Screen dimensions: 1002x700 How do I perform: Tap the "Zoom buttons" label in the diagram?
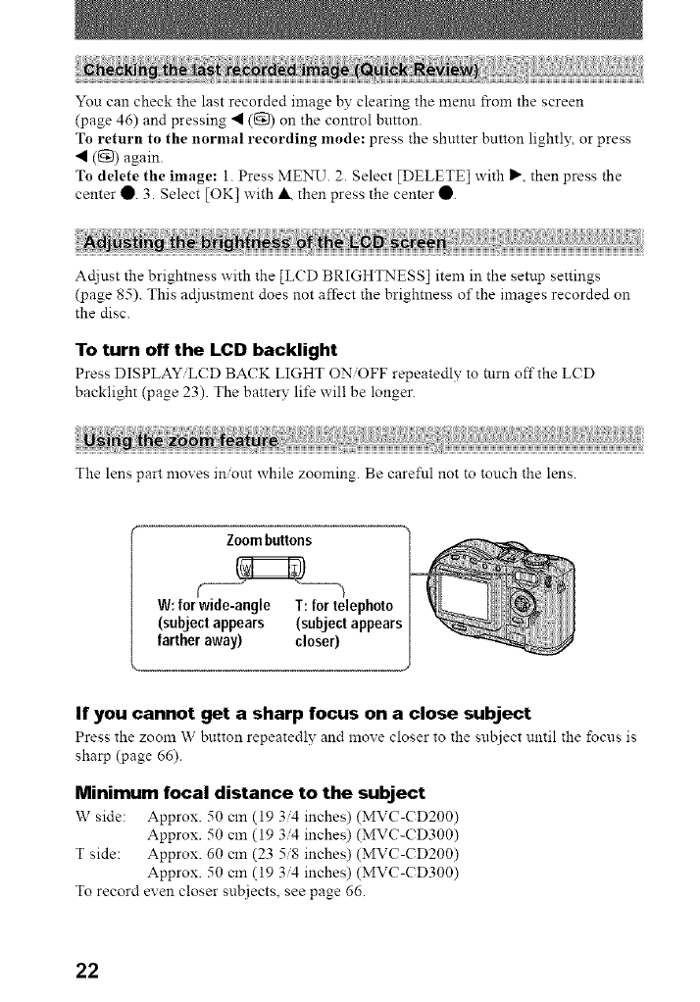[x=269, y=539]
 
